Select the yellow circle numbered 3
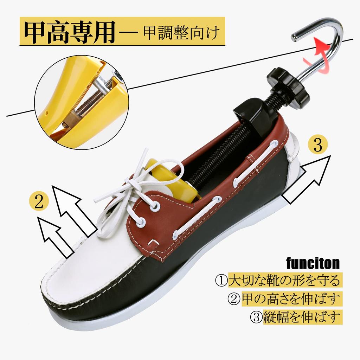[317, 145]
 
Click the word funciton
[313, 263]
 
